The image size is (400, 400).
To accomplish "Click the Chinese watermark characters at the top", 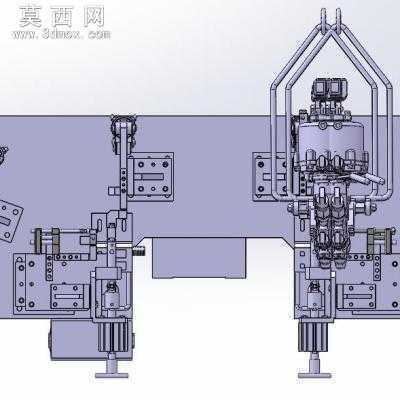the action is pyautogui.click(x=62, y=17).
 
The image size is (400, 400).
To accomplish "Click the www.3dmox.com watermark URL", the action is pyautogui.click(x=61, y=34).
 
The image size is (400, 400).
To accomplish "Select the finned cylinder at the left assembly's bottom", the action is pyautogui.click(x=113, y=336).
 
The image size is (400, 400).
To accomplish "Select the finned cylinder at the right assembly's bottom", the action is pyautogui.click(x=313, y=336).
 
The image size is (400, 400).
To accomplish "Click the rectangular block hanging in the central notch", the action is pyautogui.click(x=199, y=258).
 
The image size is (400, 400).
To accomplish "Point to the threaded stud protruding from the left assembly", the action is pyautogui.click(x=139, y=251).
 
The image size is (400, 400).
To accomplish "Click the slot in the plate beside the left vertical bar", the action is pyautogui.click(x=151, y=176).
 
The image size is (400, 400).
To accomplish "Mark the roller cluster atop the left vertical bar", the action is pyautogui.click(x=123, y=133).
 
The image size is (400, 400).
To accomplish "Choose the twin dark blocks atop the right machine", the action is pyautogui.click(x=329, y=89).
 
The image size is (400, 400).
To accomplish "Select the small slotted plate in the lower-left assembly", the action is pyautogui.click(x=69, y=297).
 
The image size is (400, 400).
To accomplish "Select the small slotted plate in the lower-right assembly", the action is pyautogui.click(x=359, y=297).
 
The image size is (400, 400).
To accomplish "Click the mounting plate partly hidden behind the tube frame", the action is pyautogui.click(x=263, y=177).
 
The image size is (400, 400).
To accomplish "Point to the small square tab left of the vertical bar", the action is pyautogui.click(x=114, y=191).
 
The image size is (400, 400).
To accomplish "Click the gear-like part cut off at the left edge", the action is pyautogui.click(x=3, y=155).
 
